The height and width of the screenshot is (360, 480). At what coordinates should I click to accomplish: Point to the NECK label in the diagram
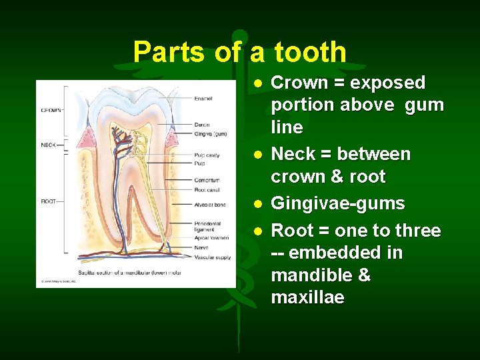[x=48, y=145]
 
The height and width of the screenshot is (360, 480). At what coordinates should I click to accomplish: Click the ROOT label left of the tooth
[x=48, y=201]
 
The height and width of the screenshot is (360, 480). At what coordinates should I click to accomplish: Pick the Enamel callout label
[x=203, y=99]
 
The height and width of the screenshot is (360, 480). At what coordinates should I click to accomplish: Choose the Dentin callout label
[x=201, y=125]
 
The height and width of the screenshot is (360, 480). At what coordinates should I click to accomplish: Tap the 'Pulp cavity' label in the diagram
[x=207, y=155]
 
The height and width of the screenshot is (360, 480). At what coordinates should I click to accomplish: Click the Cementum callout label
[x=207, y=180]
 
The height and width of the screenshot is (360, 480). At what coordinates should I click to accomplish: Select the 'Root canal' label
[x=207, y=189]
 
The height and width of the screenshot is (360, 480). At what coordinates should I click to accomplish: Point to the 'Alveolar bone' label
[x=209, y=205]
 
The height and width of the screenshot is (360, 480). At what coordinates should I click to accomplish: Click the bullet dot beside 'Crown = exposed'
[x=257, y=83]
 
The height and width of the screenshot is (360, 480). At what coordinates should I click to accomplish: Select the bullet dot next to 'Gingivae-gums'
[x=257, y=203]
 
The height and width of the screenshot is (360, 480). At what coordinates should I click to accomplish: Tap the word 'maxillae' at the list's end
[x=307, y=297]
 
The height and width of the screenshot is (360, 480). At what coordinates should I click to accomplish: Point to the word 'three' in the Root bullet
[x=419, y=231]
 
